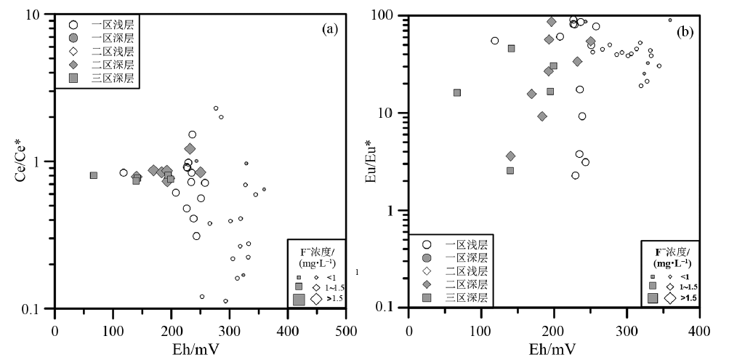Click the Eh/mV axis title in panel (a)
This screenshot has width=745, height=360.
tap(200, 347)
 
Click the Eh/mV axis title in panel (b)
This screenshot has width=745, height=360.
tap(554, 347)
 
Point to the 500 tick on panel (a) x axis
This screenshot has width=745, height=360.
tap(346, 327)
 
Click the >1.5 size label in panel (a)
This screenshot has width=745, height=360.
tap(332, 298)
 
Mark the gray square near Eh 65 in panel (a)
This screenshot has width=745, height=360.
tap(94, 175)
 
